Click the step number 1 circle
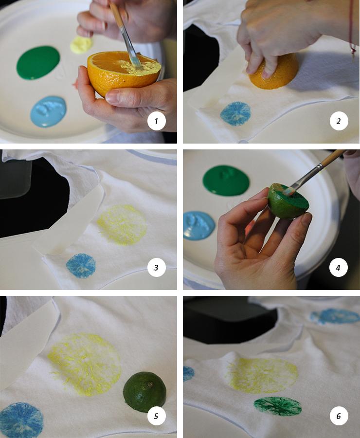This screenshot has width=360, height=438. [x=156, y=121]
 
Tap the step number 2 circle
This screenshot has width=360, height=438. [x=339, y=121]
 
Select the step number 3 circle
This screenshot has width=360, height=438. [x=156, y=267]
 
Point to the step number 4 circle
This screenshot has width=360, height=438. [x=339, y=267]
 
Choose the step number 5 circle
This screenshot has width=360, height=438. [x=156, y=416]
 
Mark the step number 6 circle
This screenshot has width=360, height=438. [x=339, y=416]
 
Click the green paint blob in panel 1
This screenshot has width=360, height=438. [x=38, y=63]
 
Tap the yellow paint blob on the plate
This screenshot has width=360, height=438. [x=81, y=45]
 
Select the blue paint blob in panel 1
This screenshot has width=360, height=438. [x=48, y=111]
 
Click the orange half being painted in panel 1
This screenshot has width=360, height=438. [x=124, y=73]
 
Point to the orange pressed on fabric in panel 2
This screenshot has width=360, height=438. [x=274, y=72]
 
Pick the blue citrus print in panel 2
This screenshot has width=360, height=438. [x=235, y=114]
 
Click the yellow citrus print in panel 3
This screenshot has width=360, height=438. [x=122, y=225]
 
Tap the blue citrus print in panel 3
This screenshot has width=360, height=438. [x=81, y=266]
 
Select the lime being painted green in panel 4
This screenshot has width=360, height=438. [x=288, y=201]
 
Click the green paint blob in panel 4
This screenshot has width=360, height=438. [x=226, y=180]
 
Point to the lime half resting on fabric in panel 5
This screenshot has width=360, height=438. [x=144, y=392]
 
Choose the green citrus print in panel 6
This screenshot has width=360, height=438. [x=278, y=406]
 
